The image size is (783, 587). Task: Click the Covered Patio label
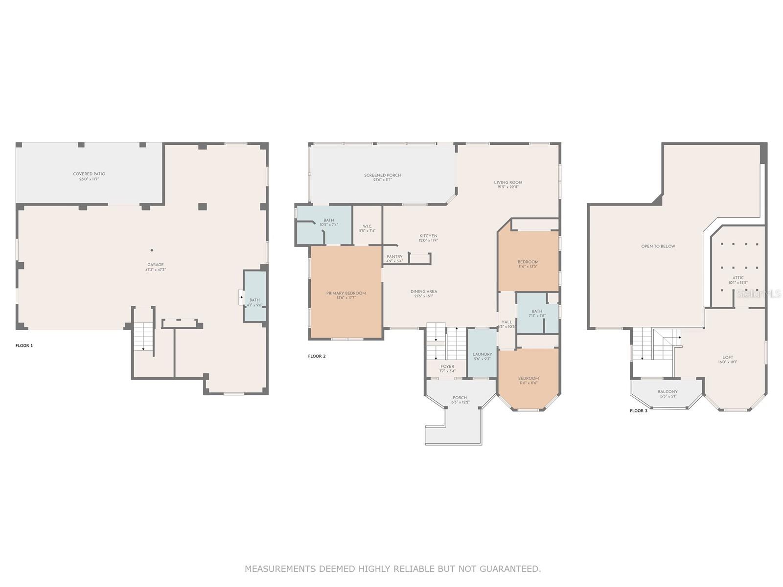point(89,174)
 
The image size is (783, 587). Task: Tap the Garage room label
point(156,265)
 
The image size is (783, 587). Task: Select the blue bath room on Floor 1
point(255,296)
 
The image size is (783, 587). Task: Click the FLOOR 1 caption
point(24,346)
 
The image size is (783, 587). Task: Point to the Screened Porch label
point(382,175)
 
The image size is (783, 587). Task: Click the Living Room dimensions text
point(508,187)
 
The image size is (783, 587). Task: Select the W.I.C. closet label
point(367,226)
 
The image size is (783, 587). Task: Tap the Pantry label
point(394,257)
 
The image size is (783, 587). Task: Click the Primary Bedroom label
point(346,293)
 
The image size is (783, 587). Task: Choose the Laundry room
point(482,353)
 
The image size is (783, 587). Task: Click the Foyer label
point(447,366)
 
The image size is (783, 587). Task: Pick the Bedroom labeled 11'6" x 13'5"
point(528,262)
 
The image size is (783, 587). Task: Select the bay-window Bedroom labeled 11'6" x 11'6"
point(528,378)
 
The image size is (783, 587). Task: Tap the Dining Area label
point(424,292)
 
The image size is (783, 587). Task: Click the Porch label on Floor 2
point(460,398)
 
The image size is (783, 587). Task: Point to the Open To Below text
point(658,247)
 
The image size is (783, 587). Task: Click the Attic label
point(738,278)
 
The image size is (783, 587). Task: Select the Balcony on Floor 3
point(668,392)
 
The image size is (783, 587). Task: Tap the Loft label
point(728,357)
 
